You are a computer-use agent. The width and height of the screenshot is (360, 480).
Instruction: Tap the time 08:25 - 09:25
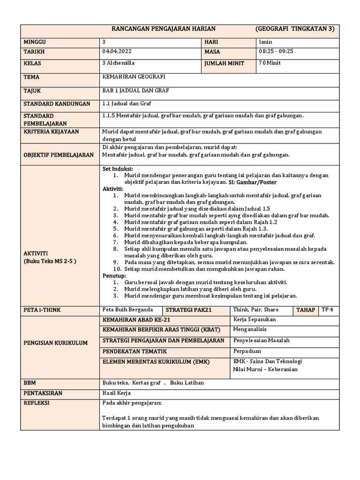point(276,52)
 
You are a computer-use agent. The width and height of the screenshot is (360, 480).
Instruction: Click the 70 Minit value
point(270,63)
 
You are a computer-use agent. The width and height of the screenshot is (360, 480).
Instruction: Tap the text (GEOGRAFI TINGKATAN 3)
point(295,29)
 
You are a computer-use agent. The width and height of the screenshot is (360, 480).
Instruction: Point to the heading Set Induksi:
point(118,169)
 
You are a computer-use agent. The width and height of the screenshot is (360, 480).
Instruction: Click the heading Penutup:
point(114,276)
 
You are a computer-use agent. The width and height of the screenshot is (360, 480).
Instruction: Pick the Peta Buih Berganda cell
point(127,309)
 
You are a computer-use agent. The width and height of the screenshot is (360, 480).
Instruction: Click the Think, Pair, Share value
point(255,309)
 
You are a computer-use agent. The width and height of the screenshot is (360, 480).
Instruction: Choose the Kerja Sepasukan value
point(255,320)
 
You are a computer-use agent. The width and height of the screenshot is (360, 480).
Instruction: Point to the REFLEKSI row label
point(37,403)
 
